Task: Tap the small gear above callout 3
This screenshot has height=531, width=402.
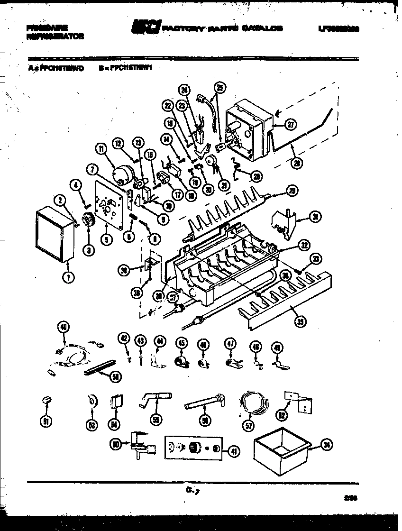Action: pos(87,221)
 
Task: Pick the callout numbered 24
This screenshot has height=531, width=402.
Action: pos(184,91)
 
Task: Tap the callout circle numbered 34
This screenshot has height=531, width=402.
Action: pos(326,444)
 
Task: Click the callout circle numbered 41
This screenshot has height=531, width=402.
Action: pos(233,451)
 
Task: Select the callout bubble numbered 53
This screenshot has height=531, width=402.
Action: pos(91,424)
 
